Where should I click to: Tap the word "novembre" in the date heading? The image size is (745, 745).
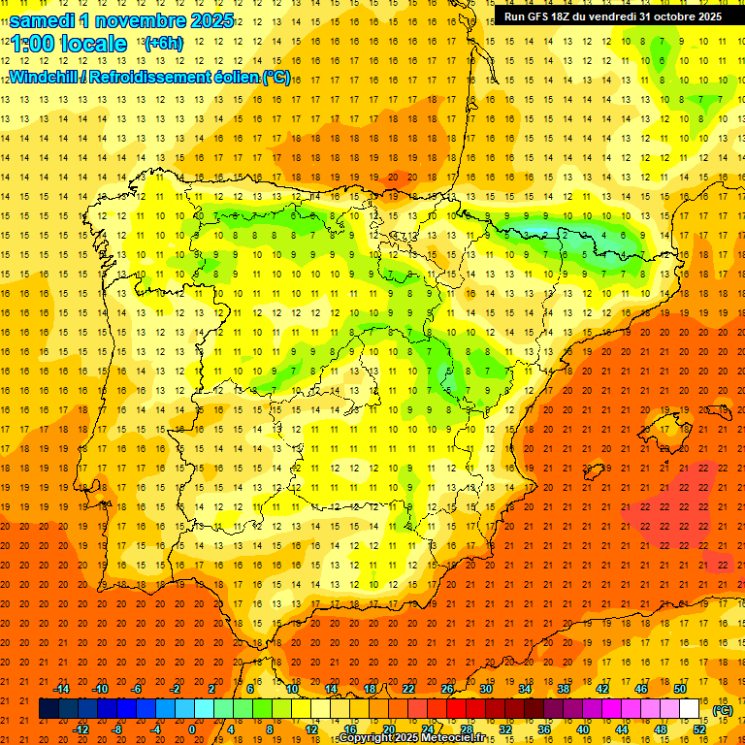click(x=136, y=20)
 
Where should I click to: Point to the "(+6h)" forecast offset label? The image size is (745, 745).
click(x=162, y=44)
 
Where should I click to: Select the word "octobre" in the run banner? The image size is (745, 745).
click(x=674, y=16)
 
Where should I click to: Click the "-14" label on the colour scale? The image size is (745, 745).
click(x=62, y=689)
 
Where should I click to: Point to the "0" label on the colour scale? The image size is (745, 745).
click(x=193, y=729)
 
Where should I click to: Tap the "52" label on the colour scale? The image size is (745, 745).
click(x=699, y=729)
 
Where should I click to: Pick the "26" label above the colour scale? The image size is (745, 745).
click(x=447, y=689)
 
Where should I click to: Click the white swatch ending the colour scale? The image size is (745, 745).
click(x=689, y=709)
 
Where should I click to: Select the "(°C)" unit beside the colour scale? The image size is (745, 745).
click(x=723, y=710)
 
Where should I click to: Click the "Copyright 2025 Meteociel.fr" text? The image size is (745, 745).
click(x=411, y=738)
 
